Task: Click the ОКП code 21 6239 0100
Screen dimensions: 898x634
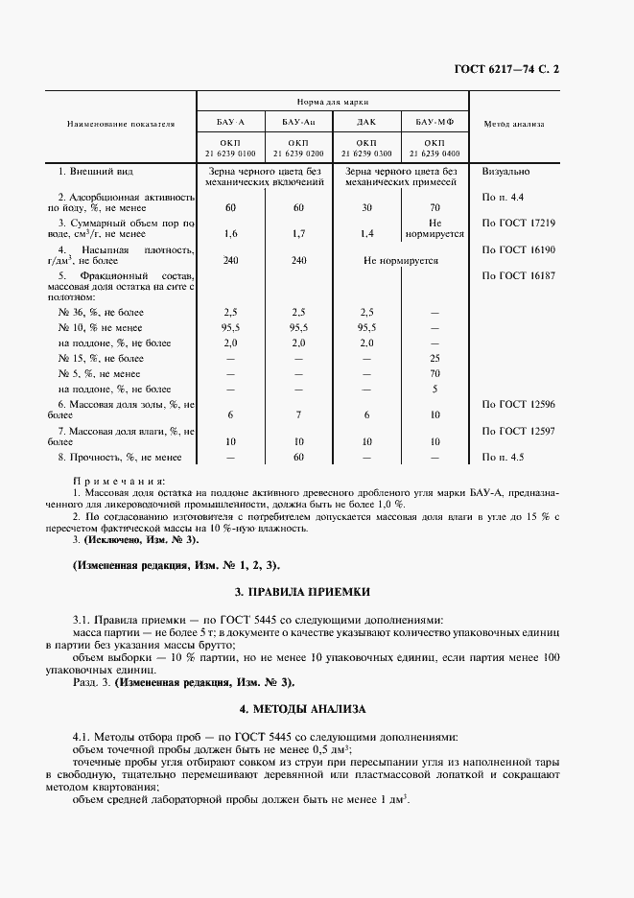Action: click(x=230, y=154)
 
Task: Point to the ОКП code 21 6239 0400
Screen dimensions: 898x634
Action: click(x=434, y=154)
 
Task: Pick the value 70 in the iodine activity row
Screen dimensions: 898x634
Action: click(x=434, y=207)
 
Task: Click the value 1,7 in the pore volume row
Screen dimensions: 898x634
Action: click(x=298, y=233)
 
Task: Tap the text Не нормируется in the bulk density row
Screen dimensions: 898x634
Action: click(x=400, y=259)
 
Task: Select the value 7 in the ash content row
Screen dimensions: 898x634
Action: click(x=298, y=414)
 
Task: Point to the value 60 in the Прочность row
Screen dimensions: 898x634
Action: click(x=298, y=458)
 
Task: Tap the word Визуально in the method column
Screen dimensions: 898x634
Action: click(x=507, y=172)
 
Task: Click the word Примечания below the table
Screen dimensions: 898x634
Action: click(x=120, y=479)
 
